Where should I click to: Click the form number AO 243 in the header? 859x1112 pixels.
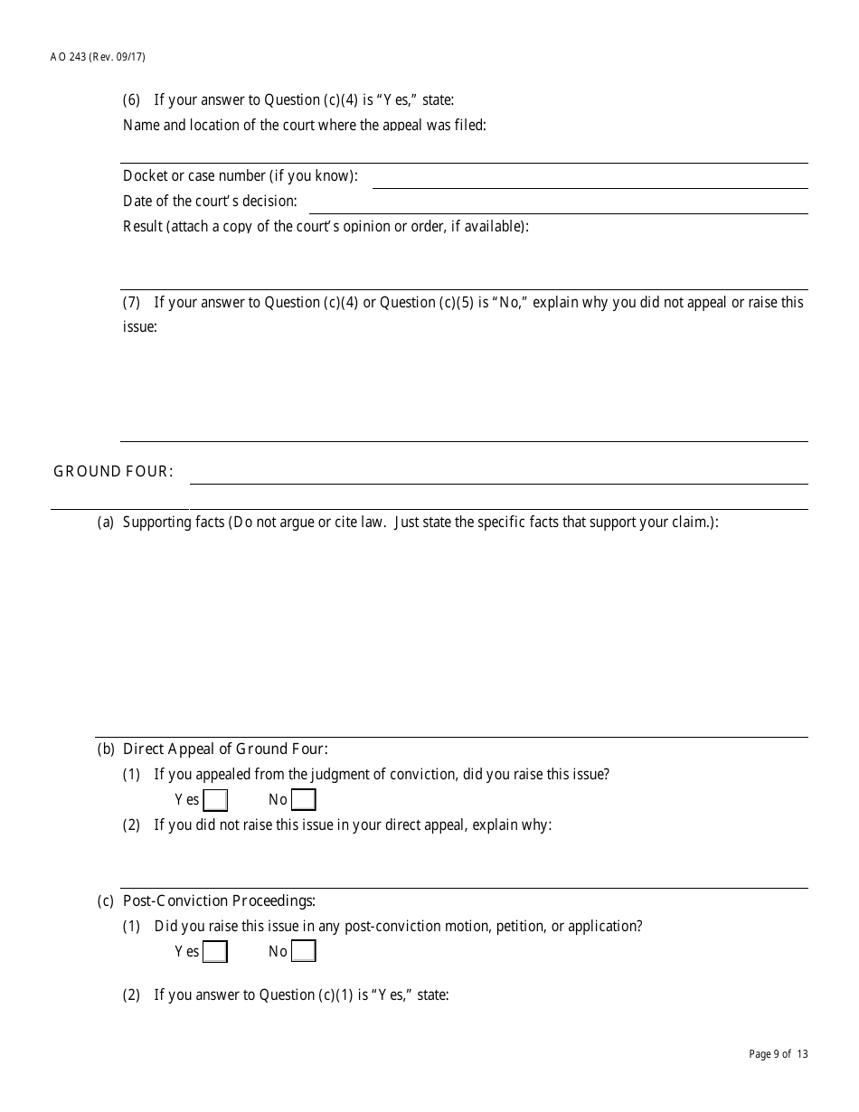tap(68, 57)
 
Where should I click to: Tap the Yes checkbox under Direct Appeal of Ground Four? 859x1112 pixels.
tap(215, 800)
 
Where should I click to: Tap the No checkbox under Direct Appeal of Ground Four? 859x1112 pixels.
tap(304, 800)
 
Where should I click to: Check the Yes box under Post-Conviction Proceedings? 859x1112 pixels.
tap(215, 952)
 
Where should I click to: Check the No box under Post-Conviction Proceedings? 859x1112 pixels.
tap(304, 952)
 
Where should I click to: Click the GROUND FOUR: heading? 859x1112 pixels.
tap(113, 471)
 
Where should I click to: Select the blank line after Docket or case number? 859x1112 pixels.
tap(590, 179)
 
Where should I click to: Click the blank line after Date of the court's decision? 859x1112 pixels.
tap(558, 204)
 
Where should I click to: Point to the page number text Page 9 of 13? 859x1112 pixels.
tap(779, 1054)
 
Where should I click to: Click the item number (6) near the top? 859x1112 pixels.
tap(132, 100)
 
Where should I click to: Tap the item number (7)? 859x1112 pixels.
tap(132, 303)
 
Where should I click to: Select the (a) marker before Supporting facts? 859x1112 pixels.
tap(106, 523)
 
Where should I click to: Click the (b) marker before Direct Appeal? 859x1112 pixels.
tap(106, 749)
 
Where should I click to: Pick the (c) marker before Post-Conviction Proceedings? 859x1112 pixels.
tap(106, 900)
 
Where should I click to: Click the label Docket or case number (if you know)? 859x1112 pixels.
tap(241, 176)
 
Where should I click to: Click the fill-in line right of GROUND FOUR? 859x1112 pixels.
tap(498, 476)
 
